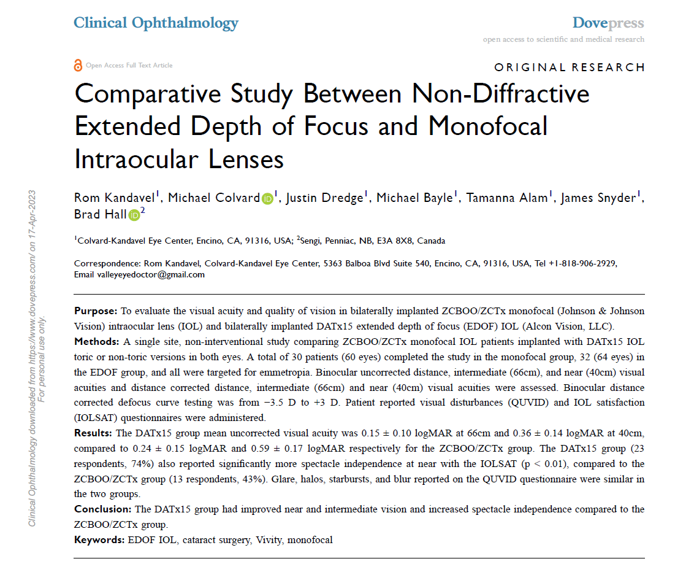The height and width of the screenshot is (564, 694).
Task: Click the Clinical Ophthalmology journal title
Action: pos(156,23)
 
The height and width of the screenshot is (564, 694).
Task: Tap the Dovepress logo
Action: pos(608,23)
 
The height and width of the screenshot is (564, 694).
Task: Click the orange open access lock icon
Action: pos(78,65)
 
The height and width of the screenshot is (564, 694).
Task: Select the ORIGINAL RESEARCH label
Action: pos(570,68)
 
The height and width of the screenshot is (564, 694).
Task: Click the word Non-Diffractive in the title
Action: pos(500,95)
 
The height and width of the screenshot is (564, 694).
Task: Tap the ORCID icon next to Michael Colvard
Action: pos(267,198)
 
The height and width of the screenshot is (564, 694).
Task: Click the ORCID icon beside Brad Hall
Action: pos(134,215)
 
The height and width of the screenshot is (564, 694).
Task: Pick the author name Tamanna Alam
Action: pos(507,198)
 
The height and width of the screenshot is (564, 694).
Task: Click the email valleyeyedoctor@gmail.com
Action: pos(151,275)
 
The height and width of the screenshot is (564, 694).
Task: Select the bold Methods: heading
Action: pos(97,341)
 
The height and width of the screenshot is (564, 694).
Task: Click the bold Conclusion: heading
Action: pos(103,509)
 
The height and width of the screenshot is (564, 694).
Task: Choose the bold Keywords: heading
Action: pos(99,540)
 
